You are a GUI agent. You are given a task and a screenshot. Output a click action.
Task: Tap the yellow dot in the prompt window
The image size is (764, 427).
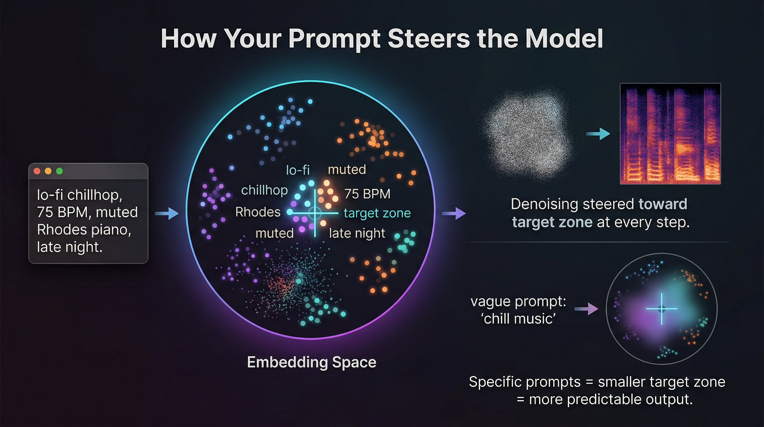48,171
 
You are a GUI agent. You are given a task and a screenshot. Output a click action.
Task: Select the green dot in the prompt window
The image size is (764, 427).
59,171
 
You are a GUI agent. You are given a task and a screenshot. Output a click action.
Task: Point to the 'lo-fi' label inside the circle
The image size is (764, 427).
298,170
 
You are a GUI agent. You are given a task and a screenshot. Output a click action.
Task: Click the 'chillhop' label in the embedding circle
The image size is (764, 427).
264,190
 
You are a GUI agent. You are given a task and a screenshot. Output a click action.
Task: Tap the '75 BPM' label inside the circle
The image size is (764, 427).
367,194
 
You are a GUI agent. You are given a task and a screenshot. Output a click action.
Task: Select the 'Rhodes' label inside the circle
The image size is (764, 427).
258,212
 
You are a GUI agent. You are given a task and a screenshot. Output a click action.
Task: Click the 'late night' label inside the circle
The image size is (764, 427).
357,234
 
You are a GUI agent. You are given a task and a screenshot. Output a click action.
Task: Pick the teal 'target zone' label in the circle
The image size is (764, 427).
377,213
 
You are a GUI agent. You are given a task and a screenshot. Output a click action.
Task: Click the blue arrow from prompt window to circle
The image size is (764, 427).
167,213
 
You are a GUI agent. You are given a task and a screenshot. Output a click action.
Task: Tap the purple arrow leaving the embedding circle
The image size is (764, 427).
454,213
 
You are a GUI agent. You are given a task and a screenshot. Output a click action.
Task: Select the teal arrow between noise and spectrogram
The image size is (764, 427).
598,134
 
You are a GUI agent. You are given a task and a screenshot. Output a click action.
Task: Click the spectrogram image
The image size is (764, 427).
670,134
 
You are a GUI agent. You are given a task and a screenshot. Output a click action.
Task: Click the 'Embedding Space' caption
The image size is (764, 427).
311,362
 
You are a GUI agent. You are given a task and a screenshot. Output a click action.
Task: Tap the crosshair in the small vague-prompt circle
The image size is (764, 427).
662,309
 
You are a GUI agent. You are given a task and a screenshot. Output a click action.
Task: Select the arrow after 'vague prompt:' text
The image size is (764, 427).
586,309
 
